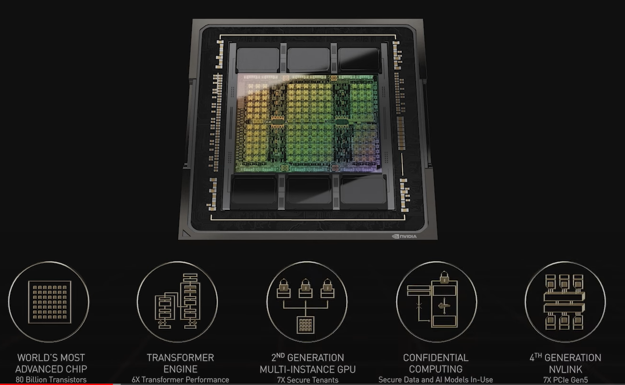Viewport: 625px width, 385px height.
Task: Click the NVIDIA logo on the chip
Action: [x=404, y=236]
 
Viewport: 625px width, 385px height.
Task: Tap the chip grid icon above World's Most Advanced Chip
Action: [x=49, y=302]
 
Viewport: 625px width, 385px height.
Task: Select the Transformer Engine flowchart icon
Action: [x=177, y=301]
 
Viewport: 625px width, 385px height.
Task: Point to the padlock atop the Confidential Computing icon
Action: [x=444, y=276]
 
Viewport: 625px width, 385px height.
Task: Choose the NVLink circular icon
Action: [x=565, y=302]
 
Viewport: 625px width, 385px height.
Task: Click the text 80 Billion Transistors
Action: [x=51, y=380]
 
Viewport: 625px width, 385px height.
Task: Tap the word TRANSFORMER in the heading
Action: [x=180, y=357]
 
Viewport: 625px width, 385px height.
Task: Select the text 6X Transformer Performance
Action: [x=180, y=380]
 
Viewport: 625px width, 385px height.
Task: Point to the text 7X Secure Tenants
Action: [x=307, y=380]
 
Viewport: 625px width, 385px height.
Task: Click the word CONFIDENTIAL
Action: [x=436, y=357]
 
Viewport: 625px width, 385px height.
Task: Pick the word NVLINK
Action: [x=565, y=369]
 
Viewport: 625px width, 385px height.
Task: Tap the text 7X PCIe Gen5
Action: [x=565, y=380]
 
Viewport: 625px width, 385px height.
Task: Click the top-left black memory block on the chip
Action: [x=258, y=60]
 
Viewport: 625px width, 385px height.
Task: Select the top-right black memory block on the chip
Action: [x=359, y=60]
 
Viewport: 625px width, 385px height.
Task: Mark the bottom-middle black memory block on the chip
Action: [x=308, y=190]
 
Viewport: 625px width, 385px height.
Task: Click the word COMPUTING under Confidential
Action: [x=436, y=369]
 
